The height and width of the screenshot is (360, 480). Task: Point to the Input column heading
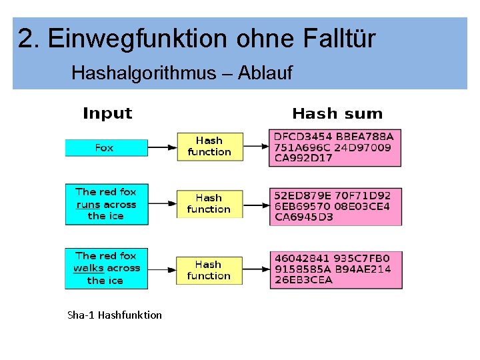[107, 114]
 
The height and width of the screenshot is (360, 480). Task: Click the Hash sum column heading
[337, 114]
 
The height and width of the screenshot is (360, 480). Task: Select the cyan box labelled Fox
[106, 148]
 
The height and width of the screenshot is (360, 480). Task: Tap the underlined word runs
[88, 205]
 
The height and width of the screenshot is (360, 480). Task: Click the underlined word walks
[89, 268]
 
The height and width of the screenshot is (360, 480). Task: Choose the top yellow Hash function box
[209, 146]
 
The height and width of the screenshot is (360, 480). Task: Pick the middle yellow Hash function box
[209, 203]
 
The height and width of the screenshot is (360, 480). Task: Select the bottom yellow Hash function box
[209, 270]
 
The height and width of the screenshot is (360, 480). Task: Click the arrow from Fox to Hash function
[162, 147]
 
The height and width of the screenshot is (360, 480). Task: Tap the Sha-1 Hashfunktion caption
[115, 315]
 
